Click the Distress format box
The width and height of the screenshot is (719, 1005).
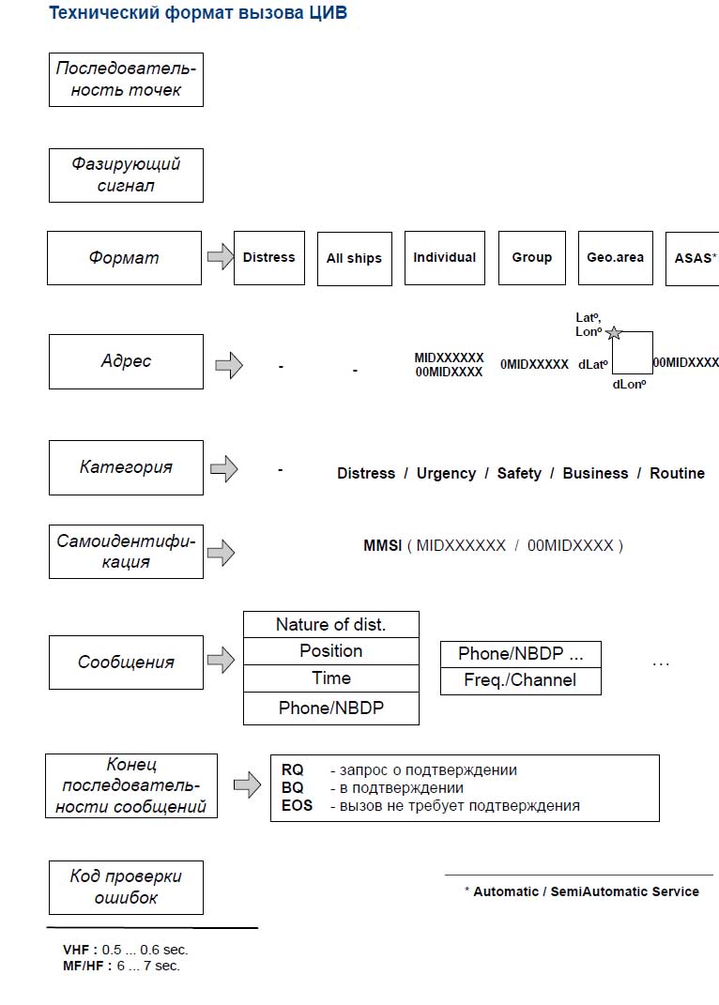tap(269, 258)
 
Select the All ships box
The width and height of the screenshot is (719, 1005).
tap(355, 259)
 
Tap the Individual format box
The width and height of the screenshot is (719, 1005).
tap(445, 258)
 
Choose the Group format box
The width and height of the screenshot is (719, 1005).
tap(531, 258)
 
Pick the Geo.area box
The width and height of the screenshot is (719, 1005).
tap(616, 258)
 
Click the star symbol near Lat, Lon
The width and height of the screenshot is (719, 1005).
tap(614, 333)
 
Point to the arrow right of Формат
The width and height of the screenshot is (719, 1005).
tap(221, 257)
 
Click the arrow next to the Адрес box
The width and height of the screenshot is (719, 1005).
tap(229, 365)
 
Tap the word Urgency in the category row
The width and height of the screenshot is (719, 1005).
tap(447, 474)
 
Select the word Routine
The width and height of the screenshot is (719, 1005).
tap(678, 473)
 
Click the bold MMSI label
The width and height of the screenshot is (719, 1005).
tap(382, 545)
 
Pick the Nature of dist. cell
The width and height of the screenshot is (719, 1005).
tap(331, 624)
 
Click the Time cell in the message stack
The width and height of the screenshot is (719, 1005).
tap(331, 678)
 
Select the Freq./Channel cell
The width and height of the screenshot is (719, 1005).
tap(521, 680)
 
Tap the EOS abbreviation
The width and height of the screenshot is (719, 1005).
tap(297, 806)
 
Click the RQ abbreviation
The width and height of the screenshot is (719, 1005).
tap(293, 769)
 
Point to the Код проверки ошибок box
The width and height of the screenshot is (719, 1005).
tap(127, 888)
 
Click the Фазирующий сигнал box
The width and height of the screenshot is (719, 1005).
tap(127, 175)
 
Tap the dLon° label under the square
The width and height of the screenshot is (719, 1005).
tap(629, 385)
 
